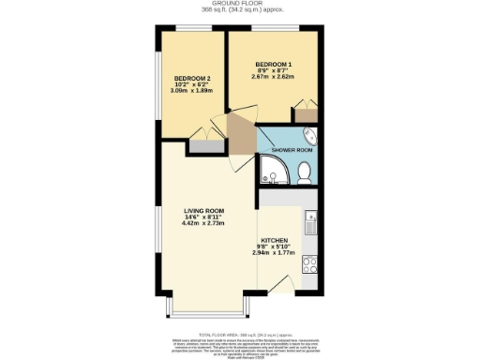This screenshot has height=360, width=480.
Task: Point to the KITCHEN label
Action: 274,240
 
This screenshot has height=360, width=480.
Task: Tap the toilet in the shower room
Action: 306,171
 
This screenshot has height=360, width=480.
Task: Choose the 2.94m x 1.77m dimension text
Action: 274,254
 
